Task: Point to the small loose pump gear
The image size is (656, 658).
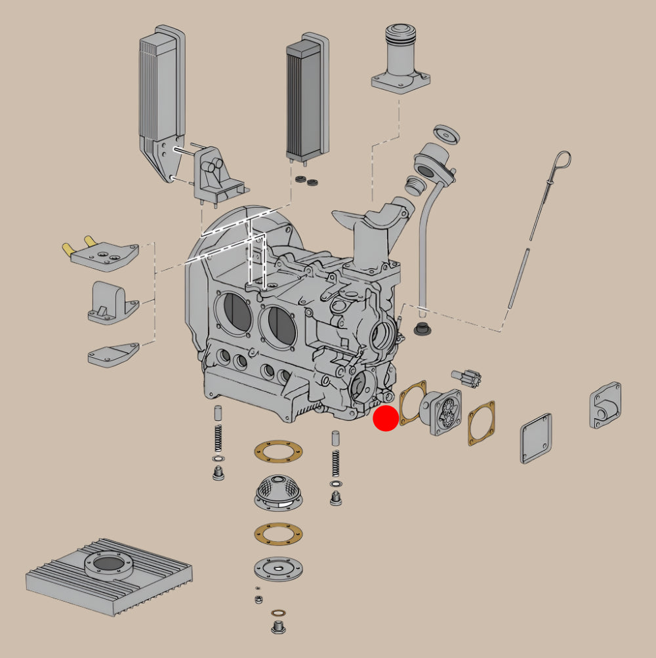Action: [466, 378]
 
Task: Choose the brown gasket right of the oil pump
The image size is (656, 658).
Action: [482, 423]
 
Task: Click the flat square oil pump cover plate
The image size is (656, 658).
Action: [536, 438]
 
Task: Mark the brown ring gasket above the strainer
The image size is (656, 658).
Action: [278, 452]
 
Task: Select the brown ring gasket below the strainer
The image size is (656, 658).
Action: [278, 533]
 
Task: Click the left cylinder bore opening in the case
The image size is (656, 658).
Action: [234, 313]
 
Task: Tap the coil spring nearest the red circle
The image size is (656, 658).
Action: [337, 461]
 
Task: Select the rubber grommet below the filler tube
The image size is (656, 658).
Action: [421, 328]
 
